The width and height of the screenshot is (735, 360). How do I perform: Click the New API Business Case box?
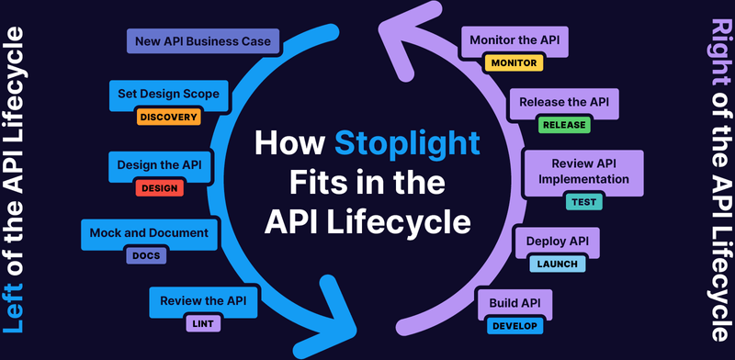tap(202, 41)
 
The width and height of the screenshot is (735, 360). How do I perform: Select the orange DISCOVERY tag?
tap(168, 117)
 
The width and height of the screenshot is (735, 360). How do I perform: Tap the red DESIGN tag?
tap(159, 187)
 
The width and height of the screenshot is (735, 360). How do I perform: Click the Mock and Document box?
tap(150, 233)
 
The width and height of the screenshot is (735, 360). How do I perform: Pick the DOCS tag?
tap(144, 256)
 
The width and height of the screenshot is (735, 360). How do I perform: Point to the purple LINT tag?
tap(204, 323)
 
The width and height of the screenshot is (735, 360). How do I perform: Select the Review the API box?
tap(204, 300)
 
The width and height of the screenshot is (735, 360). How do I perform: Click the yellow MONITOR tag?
tap(514, 63)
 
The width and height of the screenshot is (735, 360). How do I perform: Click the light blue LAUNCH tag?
tap(556, 264)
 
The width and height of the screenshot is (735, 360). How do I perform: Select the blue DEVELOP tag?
tap(515, 325)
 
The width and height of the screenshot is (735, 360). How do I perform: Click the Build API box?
tap(514, 302)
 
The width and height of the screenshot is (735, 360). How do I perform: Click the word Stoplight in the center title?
tap(406, 144)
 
